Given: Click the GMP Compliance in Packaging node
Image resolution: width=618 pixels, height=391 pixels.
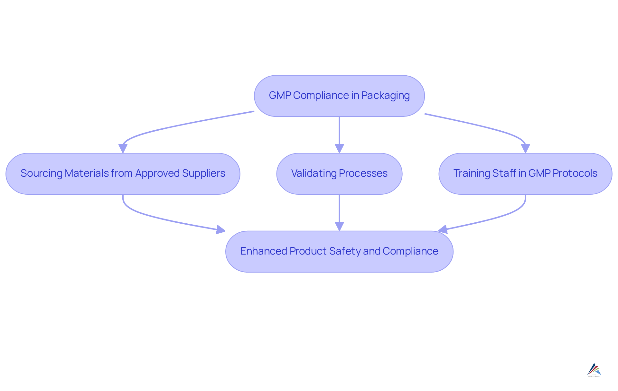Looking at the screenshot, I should [x=339, y=96].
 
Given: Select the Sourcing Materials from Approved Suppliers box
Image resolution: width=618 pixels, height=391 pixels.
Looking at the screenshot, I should [x=123, y=174].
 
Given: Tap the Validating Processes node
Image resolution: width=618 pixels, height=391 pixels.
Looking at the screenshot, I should [x=339, y=174].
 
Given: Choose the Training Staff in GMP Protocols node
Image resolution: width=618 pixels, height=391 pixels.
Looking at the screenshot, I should [x=525, y=174].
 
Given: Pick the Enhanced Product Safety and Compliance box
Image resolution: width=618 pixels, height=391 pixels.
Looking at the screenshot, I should [x=339, y=252].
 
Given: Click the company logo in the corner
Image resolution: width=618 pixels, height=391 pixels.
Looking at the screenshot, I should [x=594, y=370].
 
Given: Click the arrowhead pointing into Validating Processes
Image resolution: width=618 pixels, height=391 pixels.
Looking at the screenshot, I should [x=339, y=149].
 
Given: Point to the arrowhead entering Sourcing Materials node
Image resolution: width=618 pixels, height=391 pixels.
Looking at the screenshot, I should [x=123, y=149].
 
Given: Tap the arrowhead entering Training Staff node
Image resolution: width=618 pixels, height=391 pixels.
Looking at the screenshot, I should [x=525, y=149].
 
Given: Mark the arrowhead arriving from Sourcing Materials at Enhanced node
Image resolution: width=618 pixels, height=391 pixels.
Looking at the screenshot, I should [x=221, y=230].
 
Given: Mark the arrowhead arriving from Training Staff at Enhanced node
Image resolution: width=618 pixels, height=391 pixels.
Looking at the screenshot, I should [x=443, y=229].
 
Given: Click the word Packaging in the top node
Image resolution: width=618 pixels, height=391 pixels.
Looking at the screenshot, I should [x=385, y=96].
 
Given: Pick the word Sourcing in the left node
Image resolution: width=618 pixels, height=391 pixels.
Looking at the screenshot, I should [x=41, y=173].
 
